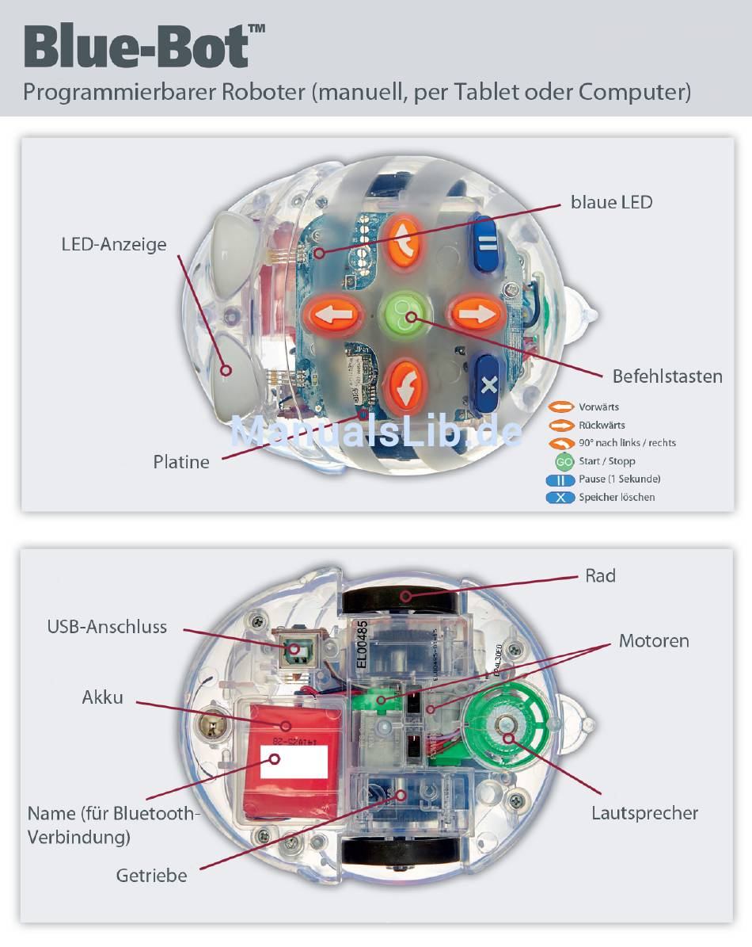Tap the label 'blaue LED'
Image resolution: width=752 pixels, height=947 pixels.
[x=611, y=202]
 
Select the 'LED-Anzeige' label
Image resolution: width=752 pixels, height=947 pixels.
[x=114, y=244]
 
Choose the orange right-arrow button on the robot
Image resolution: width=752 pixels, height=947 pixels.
[x=476, y=313]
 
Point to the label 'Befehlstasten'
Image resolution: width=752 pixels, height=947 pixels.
[x=667, y=376]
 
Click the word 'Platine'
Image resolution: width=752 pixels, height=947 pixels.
[x=181, y=461]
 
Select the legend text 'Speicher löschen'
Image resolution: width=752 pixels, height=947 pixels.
[x=617, y=498]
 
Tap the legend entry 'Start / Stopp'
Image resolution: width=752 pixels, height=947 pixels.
[x=606, y=461]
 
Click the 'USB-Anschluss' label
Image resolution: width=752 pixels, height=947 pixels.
[x=107, y=627]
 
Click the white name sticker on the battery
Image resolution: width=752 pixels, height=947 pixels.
[x=294, y=762]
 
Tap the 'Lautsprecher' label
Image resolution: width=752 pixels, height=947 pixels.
[x=644, y=813]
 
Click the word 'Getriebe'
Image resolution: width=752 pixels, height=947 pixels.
[x=151, y=876]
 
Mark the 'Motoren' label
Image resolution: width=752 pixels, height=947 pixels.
[x=654, y=640]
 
